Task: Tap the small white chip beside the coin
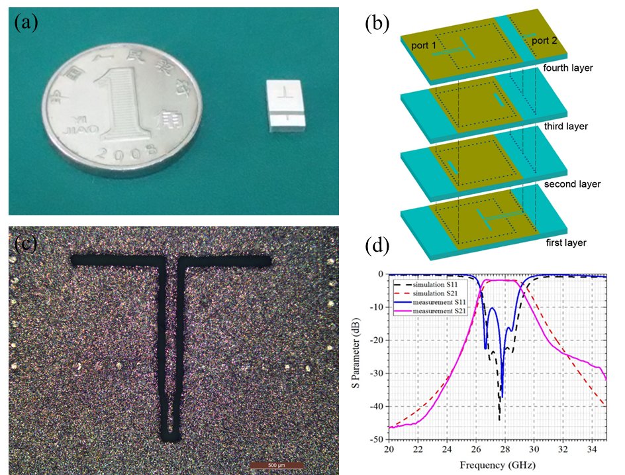(x=287, y=106)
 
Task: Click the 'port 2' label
(x=544, y=41)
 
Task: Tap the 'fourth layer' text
(x=567, y=68)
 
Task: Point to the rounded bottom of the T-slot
(x=170, y=435)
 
